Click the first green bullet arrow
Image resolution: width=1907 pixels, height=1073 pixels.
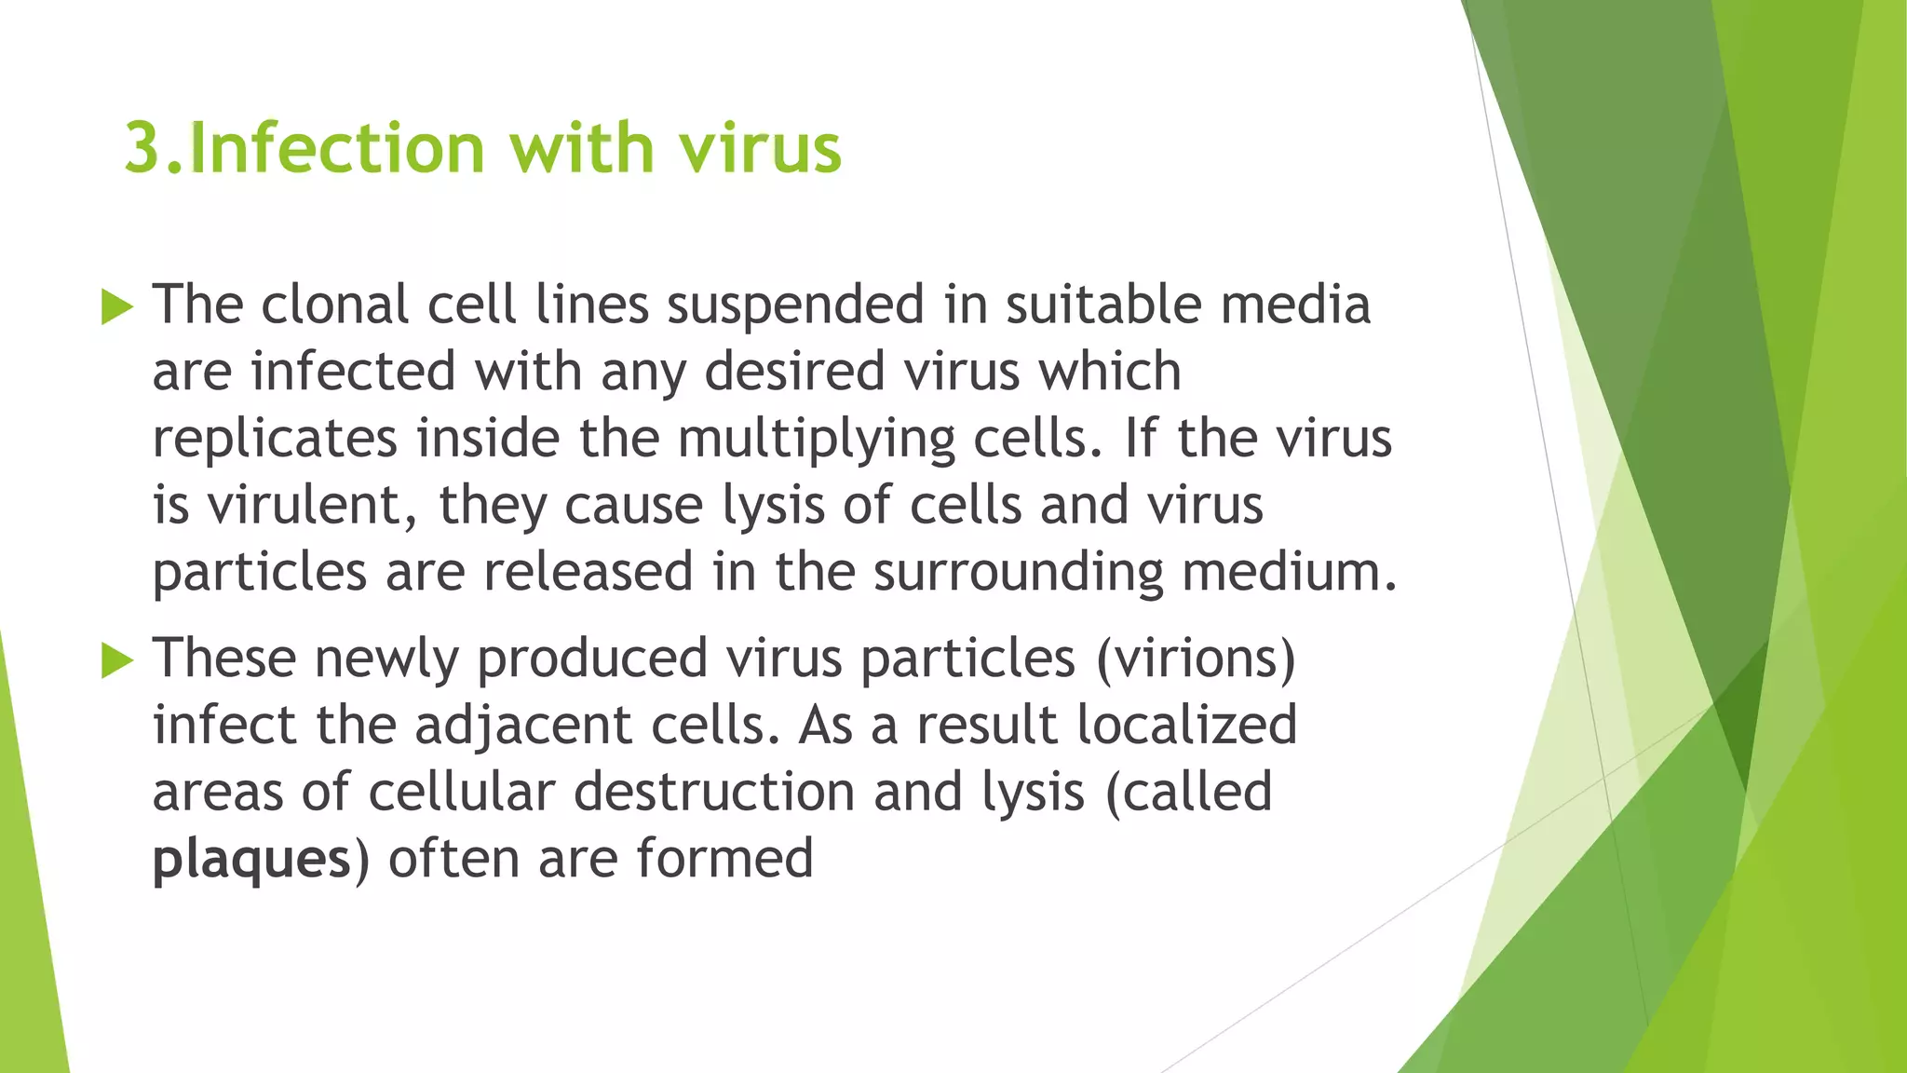point(116,306)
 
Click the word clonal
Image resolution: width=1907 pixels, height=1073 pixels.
point(334,305)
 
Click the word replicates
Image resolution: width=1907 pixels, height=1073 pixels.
point(275,440)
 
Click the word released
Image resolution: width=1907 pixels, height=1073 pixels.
point(588,572)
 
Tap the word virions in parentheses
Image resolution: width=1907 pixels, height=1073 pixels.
point(1196,659)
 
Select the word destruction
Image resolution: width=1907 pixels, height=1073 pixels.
point(713,792)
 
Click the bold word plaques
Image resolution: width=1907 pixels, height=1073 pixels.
point(251,860)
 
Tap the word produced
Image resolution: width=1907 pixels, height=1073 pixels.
point(592,659)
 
